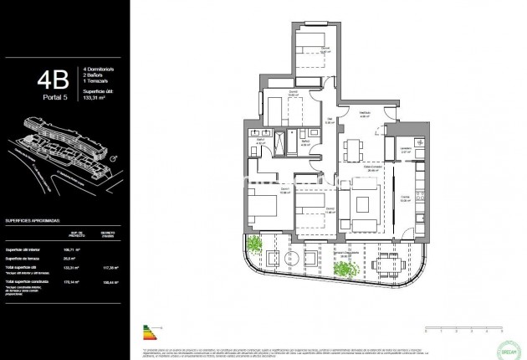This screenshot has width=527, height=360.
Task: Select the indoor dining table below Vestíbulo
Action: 350,151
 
